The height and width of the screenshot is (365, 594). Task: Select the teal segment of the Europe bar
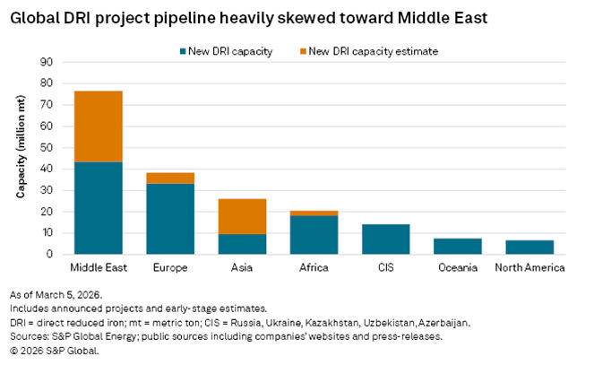[171, 218]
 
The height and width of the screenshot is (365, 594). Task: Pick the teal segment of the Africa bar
[314, 234]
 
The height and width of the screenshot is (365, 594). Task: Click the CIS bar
[386, 239]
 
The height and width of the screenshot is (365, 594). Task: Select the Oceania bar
[458, 246]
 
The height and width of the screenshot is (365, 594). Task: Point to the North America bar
[530, 247]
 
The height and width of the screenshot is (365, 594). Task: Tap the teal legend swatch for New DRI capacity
[181, 51]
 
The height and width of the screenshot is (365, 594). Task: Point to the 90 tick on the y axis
[47, 62]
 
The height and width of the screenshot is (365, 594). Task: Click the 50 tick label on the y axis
[47, 147]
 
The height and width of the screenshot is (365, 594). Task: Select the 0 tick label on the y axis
[50, 254]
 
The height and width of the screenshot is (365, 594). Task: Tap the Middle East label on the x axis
[99, 267]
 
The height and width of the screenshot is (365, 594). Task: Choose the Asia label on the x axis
[243, 267]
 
